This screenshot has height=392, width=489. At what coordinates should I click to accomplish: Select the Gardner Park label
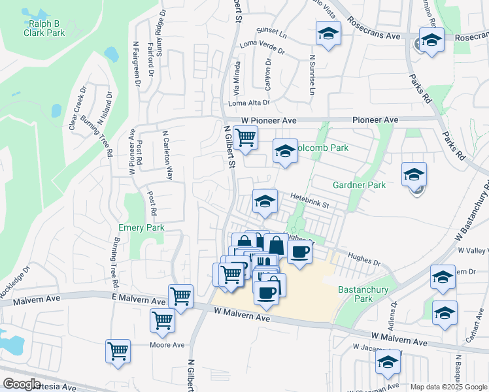click(359, 185)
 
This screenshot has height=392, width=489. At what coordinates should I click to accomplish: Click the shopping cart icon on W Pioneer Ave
click(245, 138)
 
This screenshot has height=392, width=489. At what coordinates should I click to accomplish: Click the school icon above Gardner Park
click(414, 174)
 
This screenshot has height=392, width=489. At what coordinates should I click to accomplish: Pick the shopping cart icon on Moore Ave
click(118, 351)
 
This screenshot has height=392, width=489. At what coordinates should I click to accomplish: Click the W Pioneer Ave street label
click(269, 121)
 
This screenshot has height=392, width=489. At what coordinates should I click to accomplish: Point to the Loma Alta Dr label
click(248, 103)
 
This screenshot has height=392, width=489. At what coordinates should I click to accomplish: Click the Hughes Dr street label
click(364, 259)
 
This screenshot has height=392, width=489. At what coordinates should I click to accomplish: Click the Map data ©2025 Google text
click(448, 387)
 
